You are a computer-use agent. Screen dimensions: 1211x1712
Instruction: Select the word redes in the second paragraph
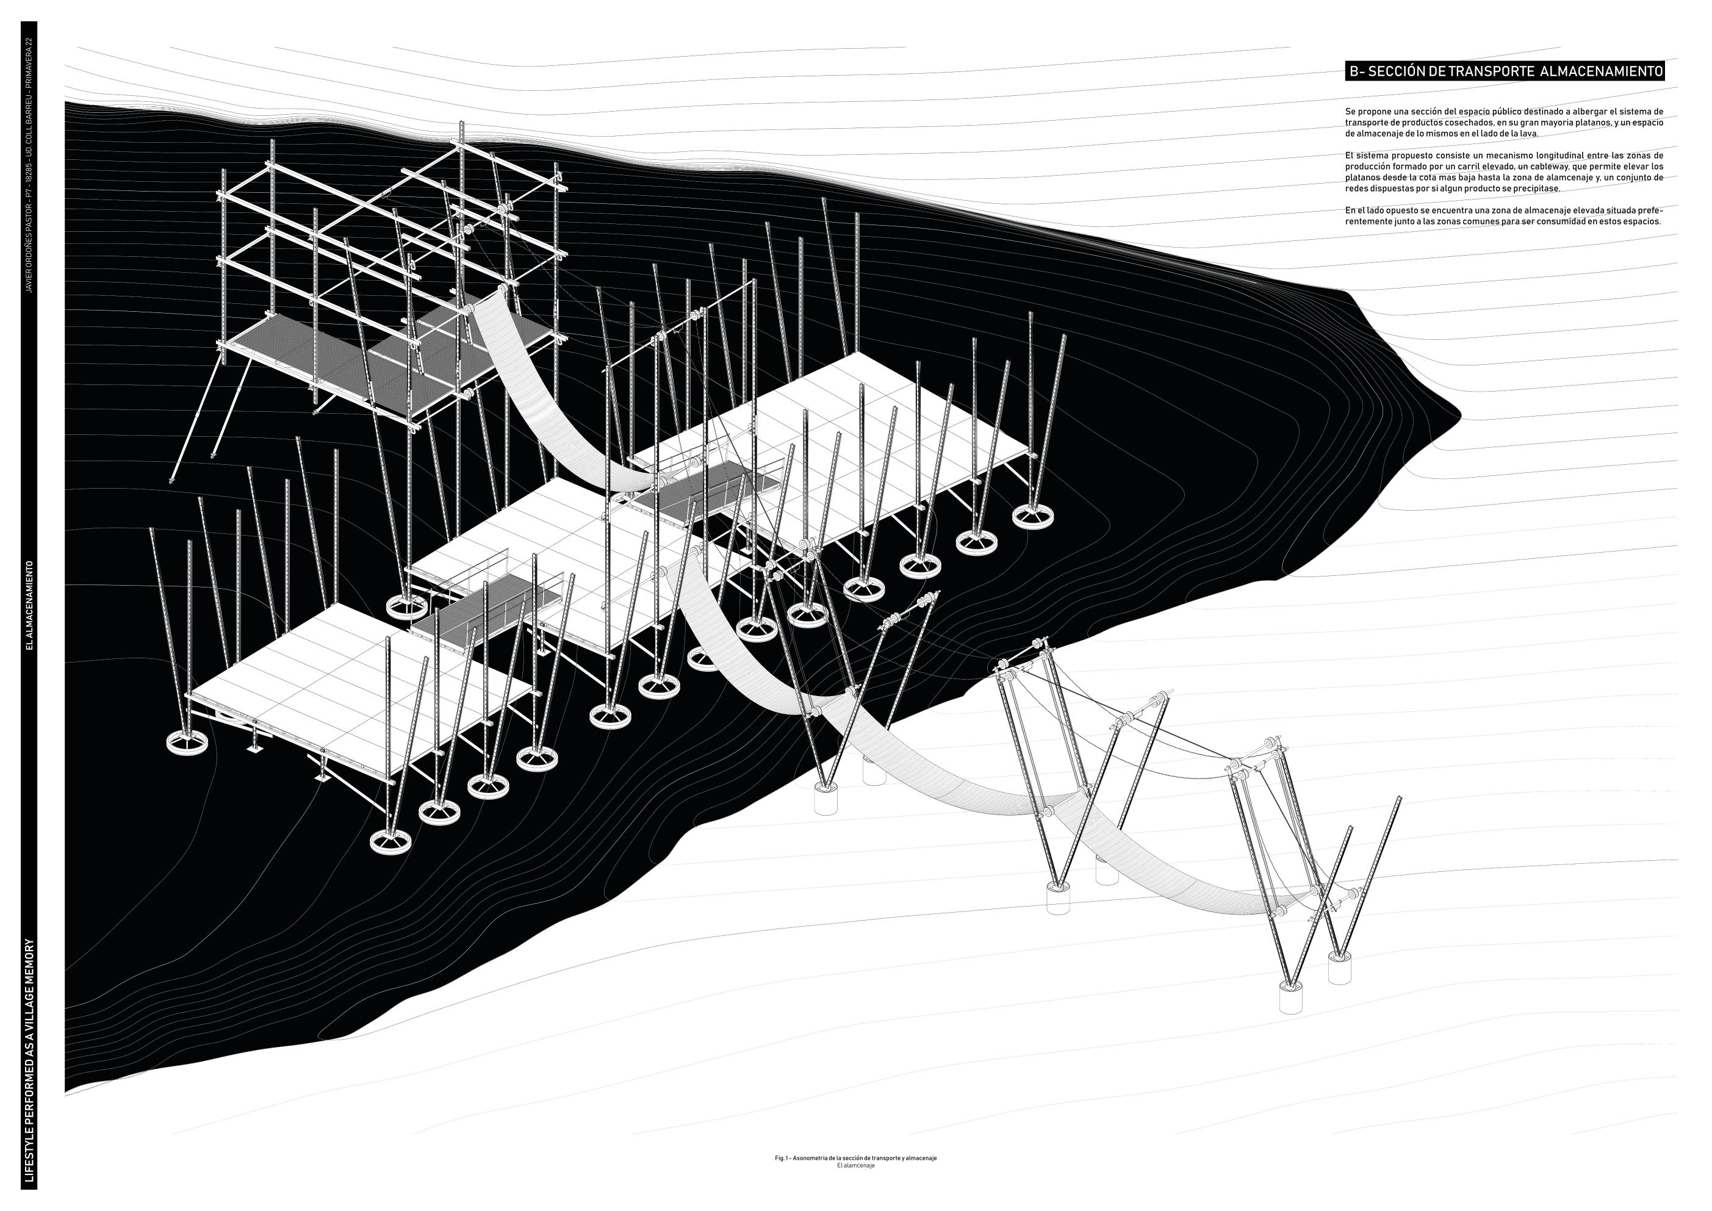pyautogui.click(x=1359, y=189)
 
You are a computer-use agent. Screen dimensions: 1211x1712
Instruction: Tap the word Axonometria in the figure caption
pyautogui.click(x=813, y=1158)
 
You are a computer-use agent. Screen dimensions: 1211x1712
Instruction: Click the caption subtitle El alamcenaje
pyautogui.click(x=856, y=1165)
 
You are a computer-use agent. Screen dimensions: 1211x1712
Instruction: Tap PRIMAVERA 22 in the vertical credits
pyautogui.click(x=30, y=76)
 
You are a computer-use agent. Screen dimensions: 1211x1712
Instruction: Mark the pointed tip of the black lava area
pyautogui.click(x=1458, y=415)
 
